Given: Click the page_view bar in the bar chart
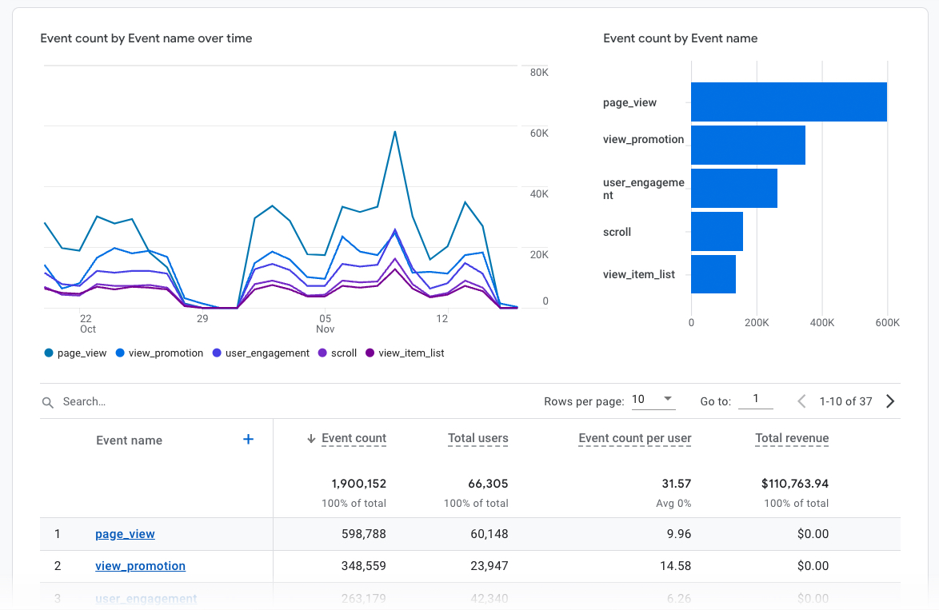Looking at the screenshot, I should [788, 102].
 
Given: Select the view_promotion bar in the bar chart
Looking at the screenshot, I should [748, 146].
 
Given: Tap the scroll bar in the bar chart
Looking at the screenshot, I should [717, 232].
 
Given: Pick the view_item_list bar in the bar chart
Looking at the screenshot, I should [713, 274].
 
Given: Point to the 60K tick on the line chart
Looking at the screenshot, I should [538, 134].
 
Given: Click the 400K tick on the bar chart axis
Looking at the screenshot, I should [821, 323].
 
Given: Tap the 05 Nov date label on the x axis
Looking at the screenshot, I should [325, 324].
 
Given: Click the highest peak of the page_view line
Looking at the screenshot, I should [395, 132].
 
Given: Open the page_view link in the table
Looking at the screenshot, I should [125, 534].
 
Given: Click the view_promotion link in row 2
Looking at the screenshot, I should [140, 566].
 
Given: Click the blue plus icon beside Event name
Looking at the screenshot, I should [248, 439].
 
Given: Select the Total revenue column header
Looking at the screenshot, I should [791, 438].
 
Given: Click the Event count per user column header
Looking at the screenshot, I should [634, 438].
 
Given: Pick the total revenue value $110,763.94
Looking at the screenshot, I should [795, 484].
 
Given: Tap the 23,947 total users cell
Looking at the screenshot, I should [488, 566].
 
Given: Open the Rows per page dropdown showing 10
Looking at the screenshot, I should [653, 400].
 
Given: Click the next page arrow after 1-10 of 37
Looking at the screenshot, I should [890, 401].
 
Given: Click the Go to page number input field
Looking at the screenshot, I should [755, 400].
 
